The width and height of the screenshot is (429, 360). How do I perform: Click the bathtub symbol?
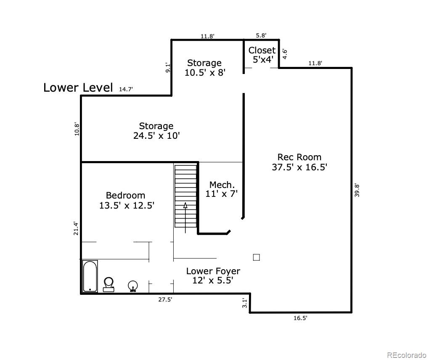90,276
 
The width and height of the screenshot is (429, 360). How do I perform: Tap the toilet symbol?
109,284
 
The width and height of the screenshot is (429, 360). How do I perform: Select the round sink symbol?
133,286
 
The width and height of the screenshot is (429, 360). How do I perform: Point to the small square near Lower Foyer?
256,257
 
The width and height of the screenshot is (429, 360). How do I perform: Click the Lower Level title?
78,87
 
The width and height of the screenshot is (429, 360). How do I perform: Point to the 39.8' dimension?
357,190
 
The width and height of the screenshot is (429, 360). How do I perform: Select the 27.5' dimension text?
165,299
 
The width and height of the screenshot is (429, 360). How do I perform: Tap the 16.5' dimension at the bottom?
300,318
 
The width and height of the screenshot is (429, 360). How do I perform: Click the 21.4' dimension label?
76,228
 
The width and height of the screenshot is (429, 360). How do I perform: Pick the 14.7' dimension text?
126,89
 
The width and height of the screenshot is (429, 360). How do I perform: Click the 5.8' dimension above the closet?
261,36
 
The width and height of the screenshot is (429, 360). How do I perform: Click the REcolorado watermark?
406,355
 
